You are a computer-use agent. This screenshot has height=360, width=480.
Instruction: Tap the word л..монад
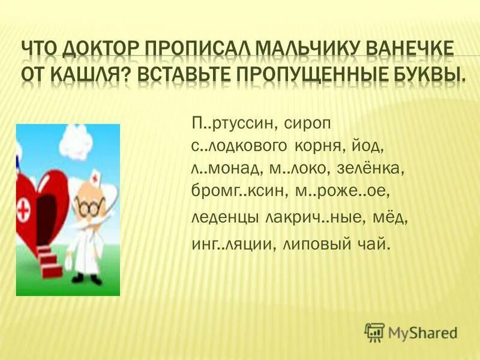click(x=223, y=169)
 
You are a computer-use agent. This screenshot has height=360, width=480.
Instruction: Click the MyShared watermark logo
click(x=412, y=331)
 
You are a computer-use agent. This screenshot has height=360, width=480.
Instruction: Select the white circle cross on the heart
click(x=26, y=212)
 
